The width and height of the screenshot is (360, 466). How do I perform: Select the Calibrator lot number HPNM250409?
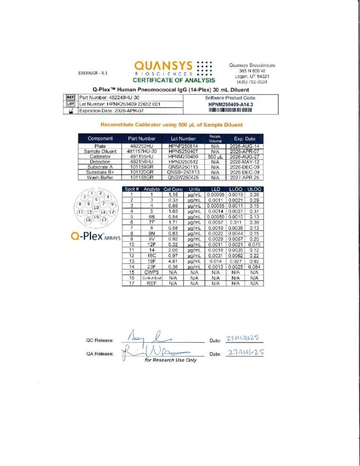[183, 156]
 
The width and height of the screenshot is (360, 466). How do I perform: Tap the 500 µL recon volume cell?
[215, 156]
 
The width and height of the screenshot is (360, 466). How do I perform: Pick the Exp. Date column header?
[244, 138]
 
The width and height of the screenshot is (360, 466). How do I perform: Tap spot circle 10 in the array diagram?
[96, 207]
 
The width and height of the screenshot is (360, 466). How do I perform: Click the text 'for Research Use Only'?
[171, 360]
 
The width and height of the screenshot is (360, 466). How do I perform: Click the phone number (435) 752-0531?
[251, 82]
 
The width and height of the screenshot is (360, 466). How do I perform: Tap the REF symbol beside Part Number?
[71, 97]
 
